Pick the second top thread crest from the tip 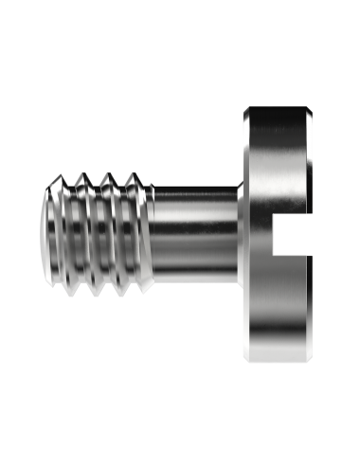(x=86, y=175)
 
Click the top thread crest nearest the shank (x=138, y=175)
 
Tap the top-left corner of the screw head (x=244, y=110)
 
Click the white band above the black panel (x=180, y=27)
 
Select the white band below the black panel (x=180, y=441)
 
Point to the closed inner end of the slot (x=274, y=234)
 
